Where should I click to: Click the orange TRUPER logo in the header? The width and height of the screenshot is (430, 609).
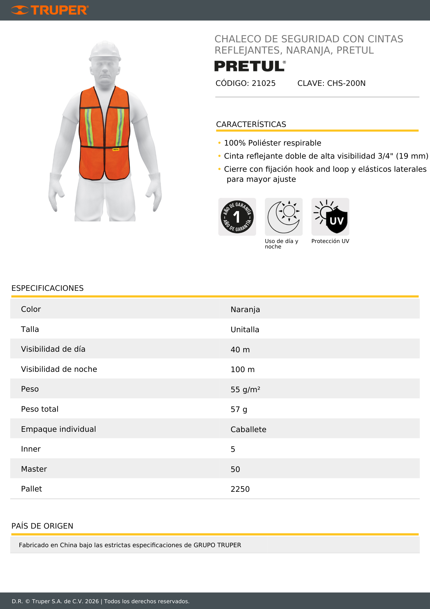point(50,10)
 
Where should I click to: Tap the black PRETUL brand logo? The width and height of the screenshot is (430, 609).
point(250,66)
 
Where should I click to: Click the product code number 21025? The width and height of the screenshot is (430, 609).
point(264,83)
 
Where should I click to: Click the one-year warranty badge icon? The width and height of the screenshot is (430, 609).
point(237,217)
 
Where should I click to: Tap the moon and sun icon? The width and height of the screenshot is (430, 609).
point(284,217)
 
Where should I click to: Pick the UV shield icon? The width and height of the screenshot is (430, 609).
point(330,217)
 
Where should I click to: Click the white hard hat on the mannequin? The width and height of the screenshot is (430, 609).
point(105,51)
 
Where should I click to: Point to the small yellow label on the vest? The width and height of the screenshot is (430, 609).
point(116,150)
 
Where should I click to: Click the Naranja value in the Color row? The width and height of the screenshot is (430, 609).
point(245,309)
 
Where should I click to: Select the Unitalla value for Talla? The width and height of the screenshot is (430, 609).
point(245,329)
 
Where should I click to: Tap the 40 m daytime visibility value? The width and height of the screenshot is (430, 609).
point(240,350)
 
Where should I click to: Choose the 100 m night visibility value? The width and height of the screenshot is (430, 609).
point(242,369)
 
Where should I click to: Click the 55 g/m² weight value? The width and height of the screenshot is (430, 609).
point(245,389)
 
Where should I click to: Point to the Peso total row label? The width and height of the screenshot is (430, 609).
point(40,409)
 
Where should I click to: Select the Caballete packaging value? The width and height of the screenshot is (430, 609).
point(248,429)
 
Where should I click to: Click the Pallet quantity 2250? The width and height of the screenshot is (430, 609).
point(240,489)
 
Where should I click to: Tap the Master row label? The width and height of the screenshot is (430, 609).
point(34,469)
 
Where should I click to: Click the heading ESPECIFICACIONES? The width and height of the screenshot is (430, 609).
point(47,288)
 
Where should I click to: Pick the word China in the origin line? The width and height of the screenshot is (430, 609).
point(68,545)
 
